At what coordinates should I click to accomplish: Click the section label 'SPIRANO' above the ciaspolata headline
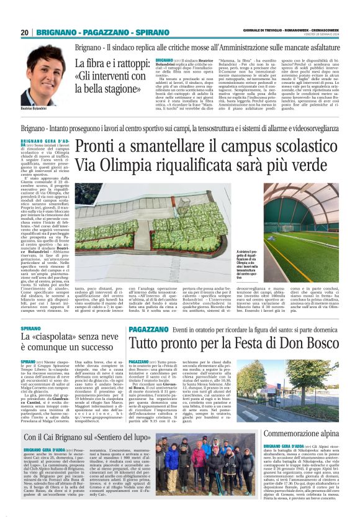coord(31,327)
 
